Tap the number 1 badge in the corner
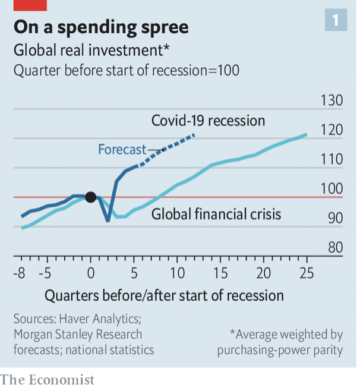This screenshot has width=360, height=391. pos(336,21)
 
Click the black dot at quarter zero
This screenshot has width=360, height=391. pos(90,197)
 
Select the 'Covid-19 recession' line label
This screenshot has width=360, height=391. pos(208,121)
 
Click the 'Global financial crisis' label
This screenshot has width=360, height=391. pos(216,213)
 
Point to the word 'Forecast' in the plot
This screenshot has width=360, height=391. pos(122,149)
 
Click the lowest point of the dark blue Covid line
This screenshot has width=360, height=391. pos(108,221)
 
